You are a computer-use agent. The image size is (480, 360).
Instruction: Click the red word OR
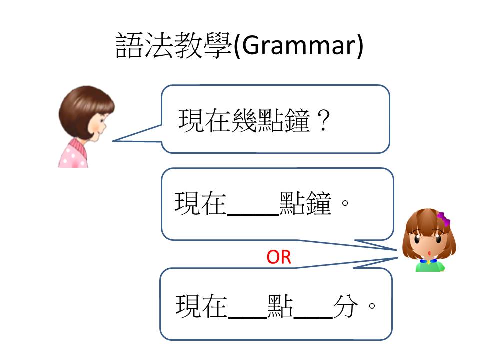pyautogui.click(x=279, y=257)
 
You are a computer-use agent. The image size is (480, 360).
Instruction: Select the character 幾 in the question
pyautogui.click(x=244, y=121)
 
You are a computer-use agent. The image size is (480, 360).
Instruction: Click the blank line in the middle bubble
pyautogui.click(x=253, y=214)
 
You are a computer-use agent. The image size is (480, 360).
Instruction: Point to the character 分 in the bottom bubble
pyautogui.click(x=346, y=306)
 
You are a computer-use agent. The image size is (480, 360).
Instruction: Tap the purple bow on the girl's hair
pyautogui.click(x=443, y=219)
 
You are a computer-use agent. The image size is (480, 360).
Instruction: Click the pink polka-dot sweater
pyautogui.click(x=73, y=154)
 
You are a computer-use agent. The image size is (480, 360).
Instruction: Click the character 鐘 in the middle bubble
pyautogui.click(x=318, y=203)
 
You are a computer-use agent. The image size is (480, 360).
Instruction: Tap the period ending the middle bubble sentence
pyautogui.click(x=345, y=203)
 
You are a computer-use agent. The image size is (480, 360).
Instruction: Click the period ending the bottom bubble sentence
pyautogui.click(x=372, y=306)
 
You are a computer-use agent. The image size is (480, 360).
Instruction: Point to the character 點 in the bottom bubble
pyautogui.click(x=280, y=306)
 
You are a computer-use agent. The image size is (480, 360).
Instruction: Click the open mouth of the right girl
pyautogui.click(x=430, y=253)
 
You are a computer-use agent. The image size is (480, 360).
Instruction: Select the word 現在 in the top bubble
pyautogui.click(x=205, y=121)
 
